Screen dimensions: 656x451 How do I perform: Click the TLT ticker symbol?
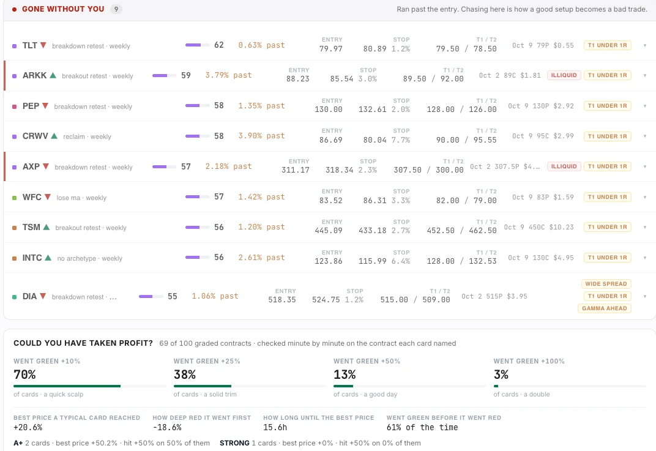[x=30, y=45]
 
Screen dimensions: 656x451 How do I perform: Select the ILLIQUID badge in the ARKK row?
[x=564, y=75]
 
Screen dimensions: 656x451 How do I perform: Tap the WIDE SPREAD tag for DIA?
[x=606, y=284]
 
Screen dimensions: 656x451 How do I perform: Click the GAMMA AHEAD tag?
[x=604, y=308]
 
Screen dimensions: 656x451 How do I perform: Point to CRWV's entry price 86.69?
[x=330, y=140]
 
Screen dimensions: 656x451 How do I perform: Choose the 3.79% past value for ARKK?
[x=228, y=75]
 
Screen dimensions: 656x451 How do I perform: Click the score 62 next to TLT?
[x=219, y=45]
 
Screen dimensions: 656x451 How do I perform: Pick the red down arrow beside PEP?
[x=45, y=106]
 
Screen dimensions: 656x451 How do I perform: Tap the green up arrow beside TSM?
[x=47, y=227]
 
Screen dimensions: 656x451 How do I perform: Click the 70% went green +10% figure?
[x=24, y=375]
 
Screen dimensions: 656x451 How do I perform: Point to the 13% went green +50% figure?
[x=345, y=375]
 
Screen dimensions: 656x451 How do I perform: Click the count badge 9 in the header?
[x=116, y=9]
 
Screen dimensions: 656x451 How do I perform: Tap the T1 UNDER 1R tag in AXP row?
[x=607, y=166]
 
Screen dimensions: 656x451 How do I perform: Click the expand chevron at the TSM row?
[x=645, y=227]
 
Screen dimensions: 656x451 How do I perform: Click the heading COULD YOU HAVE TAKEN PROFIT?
[x=83, y=343]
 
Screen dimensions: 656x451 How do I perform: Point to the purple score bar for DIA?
[x=151, y=296]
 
